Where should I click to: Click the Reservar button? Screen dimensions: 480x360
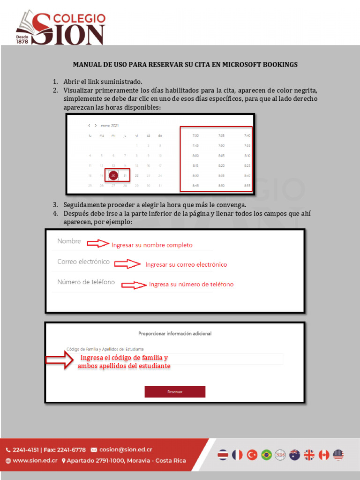175,392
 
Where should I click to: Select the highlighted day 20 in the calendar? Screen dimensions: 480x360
113,176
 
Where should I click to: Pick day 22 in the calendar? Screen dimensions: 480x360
136,176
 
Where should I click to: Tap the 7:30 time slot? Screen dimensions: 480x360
195,135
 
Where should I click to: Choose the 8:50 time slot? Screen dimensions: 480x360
222,186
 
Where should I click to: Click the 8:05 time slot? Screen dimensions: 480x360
222,156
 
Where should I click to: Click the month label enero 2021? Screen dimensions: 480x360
110,126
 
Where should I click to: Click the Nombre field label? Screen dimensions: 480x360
69,241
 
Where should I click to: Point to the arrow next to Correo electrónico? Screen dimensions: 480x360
127,264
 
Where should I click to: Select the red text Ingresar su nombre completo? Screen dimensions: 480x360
151,245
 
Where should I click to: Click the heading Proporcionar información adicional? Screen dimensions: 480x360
175,334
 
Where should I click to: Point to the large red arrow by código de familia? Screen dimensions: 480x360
59,360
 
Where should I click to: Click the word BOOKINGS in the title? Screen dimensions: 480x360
279,65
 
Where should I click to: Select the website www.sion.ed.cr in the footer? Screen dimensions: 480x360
35,460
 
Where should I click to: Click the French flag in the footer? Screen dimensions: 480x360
238,455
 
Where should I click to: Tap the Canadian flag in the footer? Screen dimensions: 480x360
324,455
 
